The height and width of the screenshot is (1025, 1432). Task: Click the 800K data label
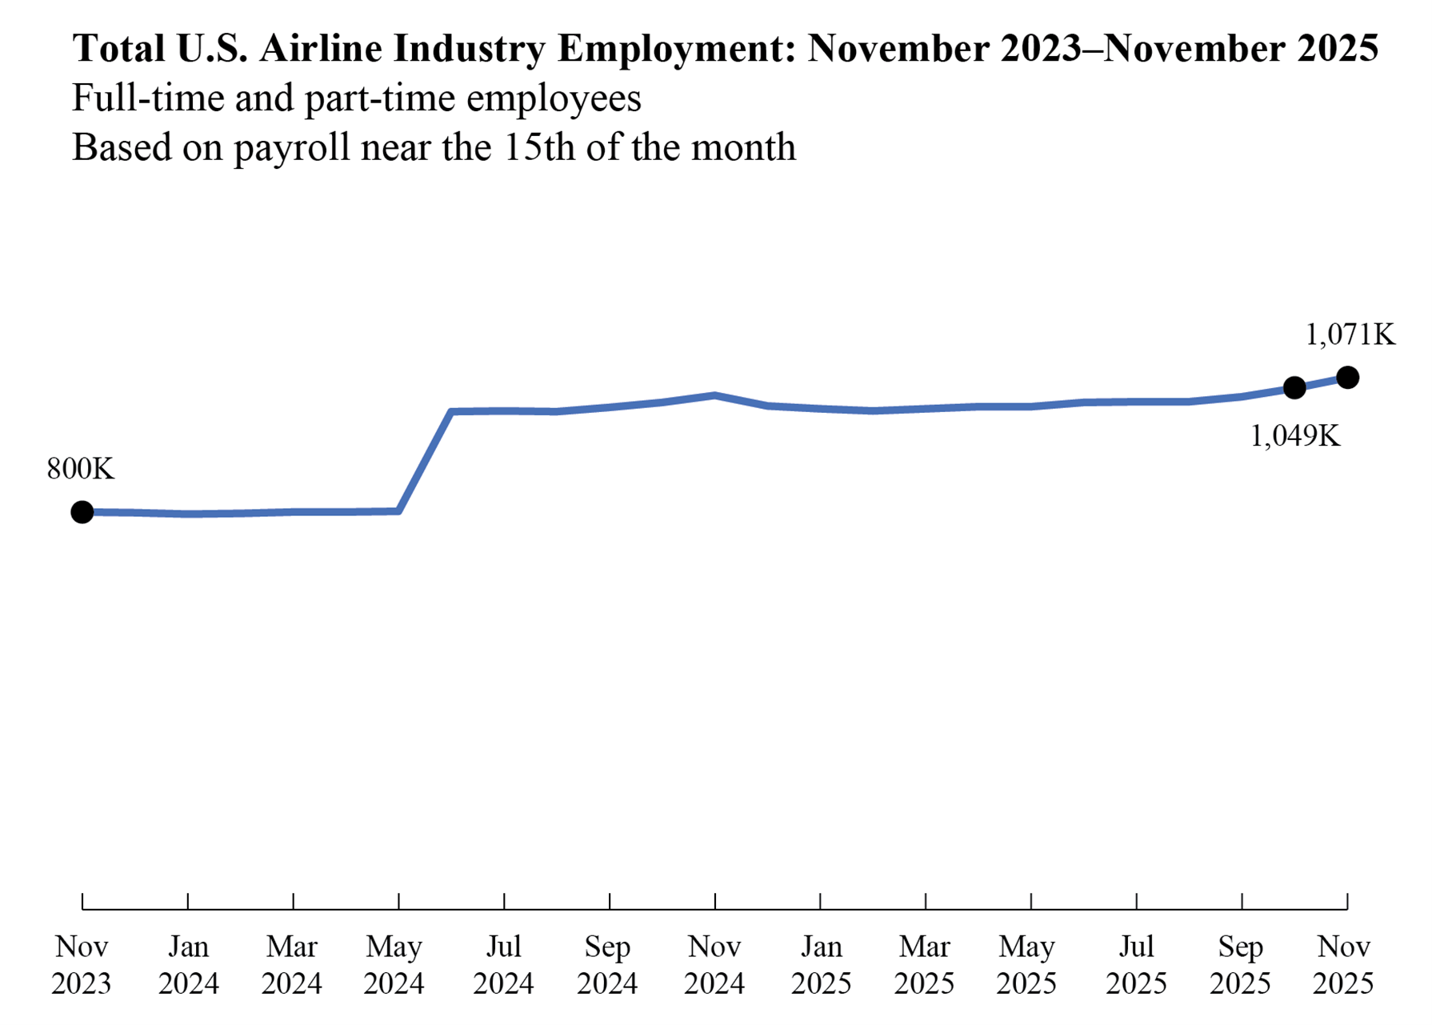[x=81, y=469]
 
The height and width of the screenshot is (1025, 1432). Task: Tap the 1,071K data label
[x=1350, y=334]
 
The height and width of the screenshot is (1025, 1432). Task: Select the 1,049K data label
[x=1295, y=436]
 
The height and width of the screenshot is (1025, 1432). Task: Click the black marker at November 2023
[x=82, y=512]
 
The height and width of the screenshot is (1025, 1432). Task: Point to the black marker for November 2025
[x=1347, y=377]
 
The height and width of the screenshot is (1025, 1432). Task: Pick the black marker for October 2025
[x=1294, y=388]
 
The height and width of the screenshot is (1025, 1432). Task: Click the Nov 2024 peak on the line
[x=715, y=395]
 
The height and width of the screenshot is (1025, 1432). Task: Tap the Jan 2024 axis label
[x=188, y=965]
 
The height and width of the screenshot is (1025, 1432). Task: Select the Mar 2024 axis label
[x=292, y=965]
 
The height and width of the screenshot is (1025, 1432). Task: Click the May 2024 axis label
[x=394, y=965]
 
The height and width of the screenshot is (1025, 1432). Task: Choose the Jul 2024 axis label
[x=503, y=965]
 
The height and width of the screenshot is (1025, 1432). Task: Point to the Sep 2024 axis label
[x=608, y=965]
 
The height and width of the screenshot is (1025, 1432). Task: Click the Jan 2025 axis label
[x=822, y=965]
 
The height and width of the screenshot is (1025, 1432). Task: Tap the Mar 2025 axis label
[x=925, y=965]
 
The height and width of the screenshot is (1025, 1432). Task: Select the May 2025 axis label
[x=1027, y=965]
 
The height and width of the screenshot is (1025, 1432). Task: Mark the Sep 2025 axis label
[x=1240, y=965]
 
